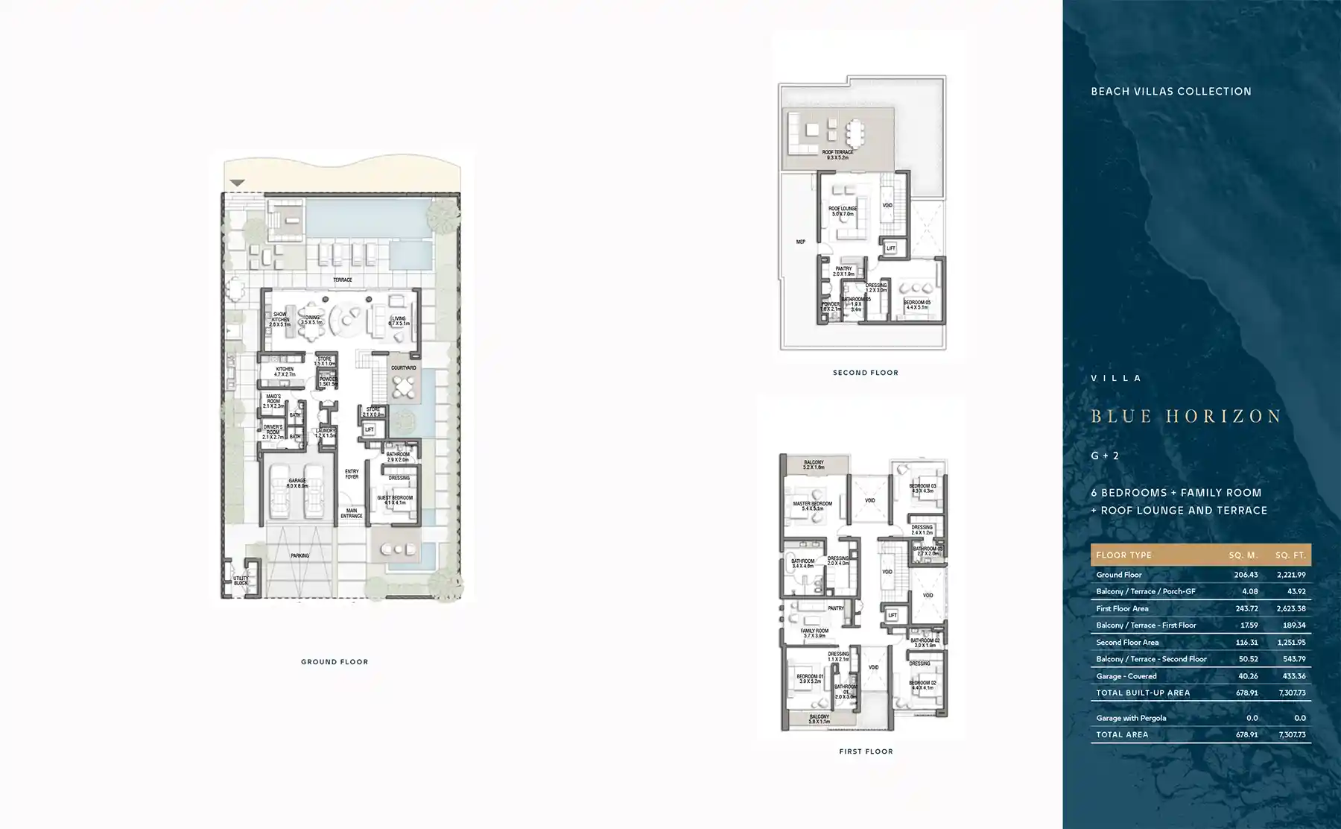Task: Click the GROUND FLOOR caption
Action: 335,662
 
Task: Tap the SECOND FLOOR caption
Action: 865,373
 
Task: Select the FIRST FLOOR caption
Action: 866,751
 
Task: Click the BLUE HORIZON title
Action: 1186,416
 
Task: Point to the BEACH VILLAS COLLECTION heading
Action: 1171,92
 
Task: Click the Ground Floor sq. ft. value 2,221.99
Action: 1290,575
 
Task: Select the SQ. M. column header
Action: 1243,555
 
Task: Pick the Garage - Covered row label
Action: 1126,676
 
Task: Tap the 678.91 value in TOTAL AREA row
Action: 1246,734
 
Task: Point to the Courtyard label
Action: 404,368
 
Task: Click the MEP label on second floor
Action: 800,242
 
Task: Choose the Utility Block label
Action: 241,580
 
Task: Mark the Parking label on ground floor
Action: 299,555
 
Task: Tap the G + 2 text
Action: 1105,456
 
